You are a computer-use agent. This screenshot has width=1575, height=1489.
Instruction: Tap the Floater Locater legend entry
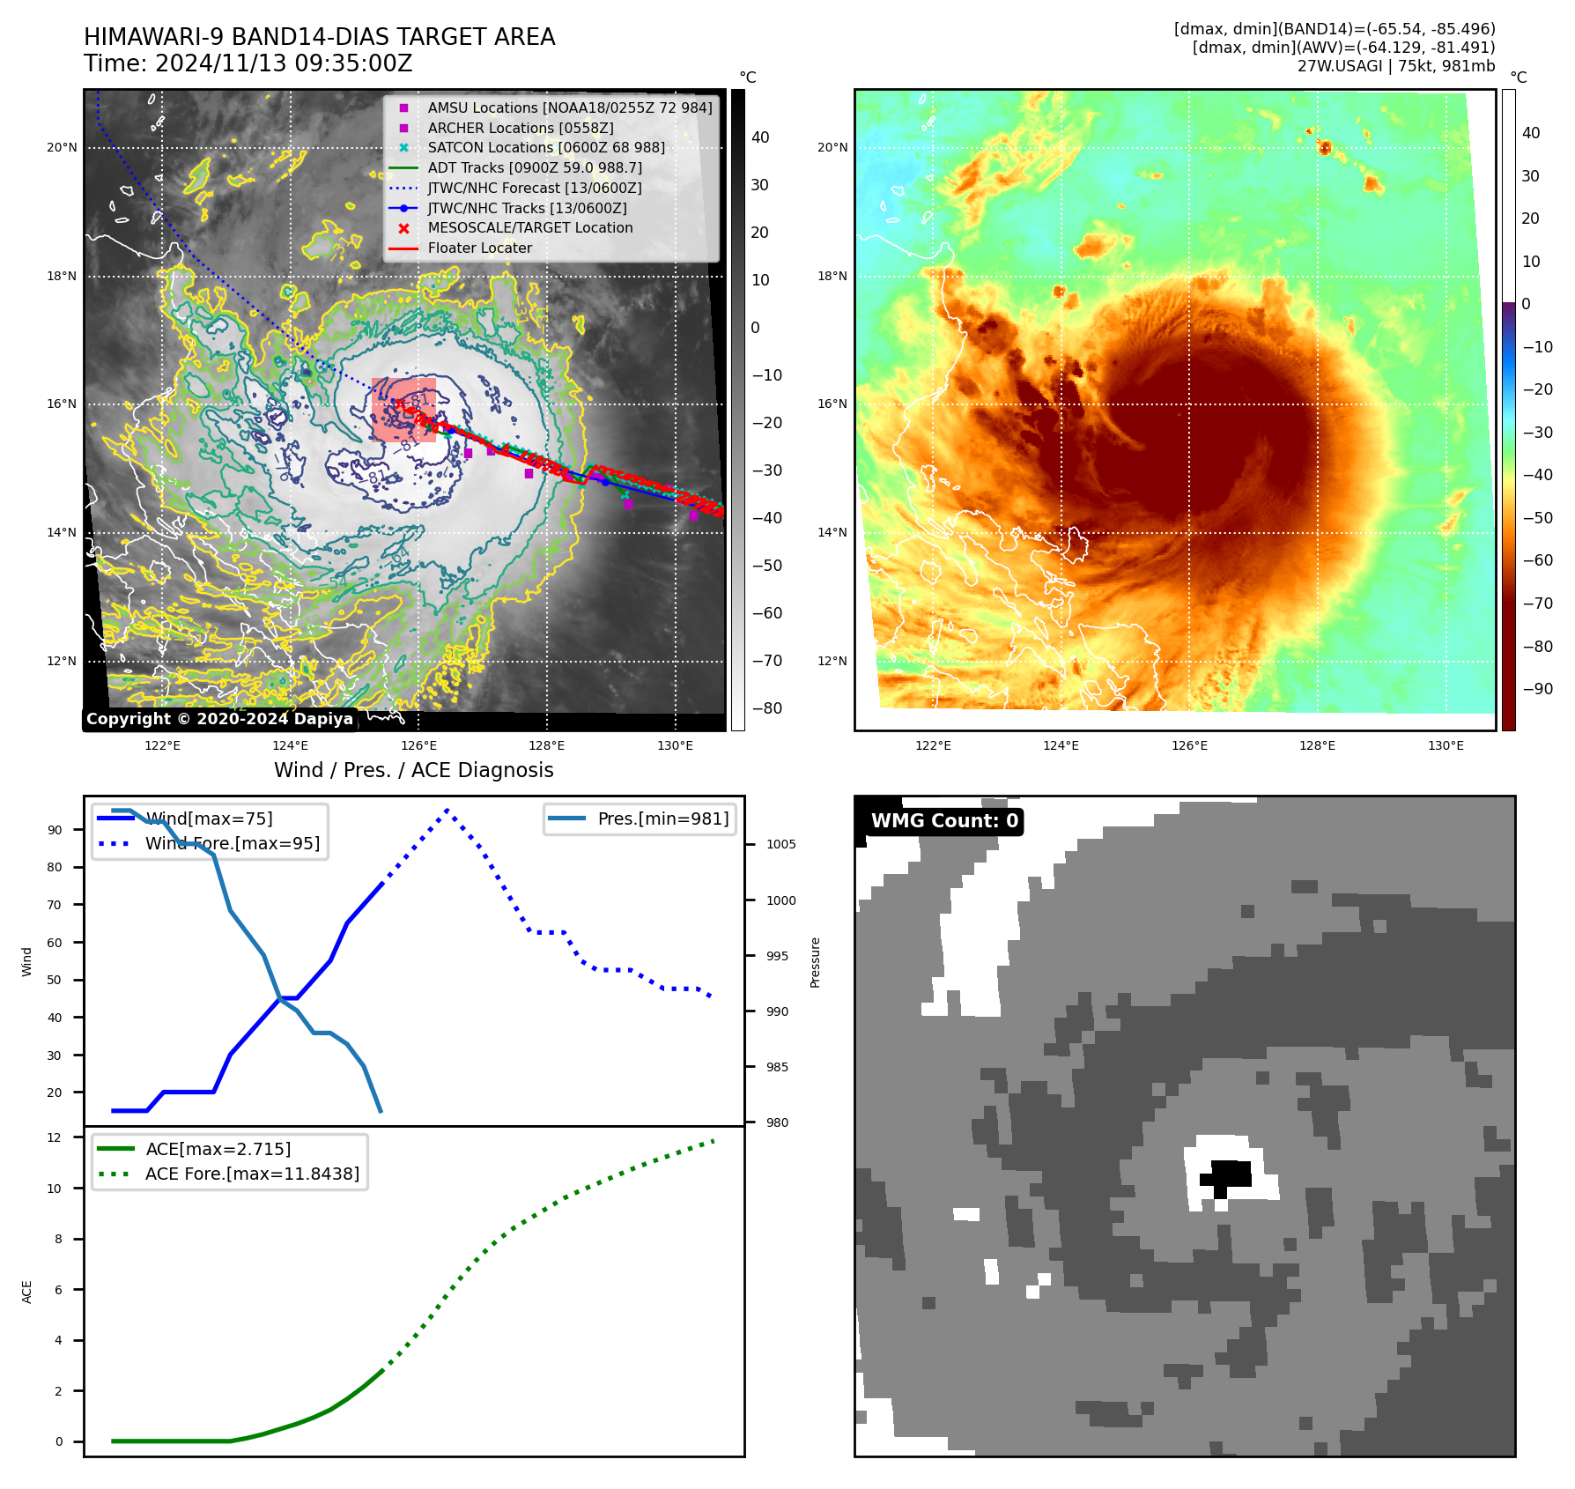[x=479, y=248]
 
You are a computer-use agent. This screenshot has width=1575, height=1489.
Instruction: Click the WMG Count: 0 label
[x=943, y=821]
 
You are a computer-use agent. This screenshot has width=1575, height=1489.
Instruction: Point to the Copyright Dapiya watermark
[x=219, y=719]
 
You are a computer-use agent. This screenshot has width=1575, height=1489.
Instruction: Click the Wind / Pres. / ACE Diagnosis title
[x=413, y=770]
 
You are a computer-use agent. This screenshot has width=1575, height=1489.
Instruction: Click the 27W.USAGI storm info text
[x=1395, y=66]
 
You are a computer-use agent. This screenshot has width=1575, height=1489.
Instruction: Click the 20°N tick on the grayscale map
[x=62, y=147]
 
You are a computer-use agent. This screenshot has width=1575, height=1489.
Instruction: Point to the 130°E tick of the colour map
[x=1446, y=745]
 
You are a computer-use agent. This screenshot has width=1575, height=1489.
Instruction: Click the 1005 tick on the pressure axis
[x=780, y=844]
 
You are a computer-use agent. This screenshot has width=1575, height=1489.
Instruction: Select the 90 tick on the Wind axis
[x=55, y=830]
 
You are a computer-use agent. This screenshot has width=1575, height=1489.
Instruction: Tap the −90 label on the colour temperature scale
[x=1537, y=689]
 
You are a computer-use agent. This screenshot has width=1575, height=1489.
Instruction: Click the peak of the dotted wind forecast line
[x=447, y=810]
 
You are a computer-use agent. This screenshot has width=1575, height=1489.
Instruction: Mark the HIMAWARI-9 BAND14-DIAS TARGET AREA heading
[x=319, y=37]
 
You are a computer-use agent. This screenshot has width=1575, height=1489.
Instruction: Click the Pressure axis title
[x=816, y=962]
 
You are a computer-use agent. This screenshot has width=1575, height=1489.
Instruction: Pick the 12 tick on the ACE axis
[x=55, y=1137]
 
